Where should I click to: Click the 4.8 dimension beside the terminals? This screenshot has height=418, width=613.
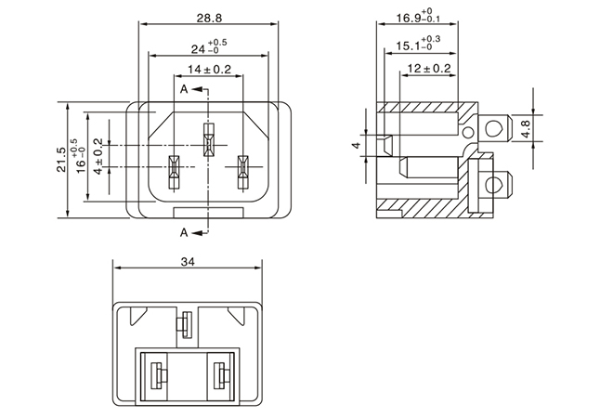tap(527, 127)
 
